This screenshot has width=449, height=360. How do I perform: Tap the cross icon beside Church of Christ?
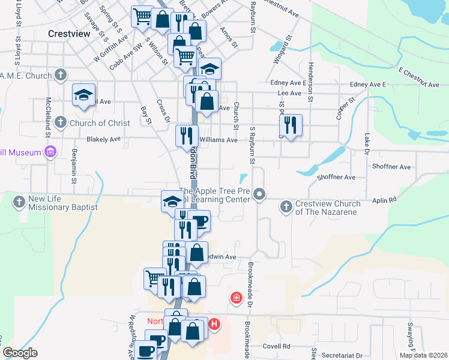pyautogui.click(x=60, y=123)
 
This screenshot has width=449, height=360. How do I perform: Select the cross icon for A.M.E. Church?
pyautogui.click(x=60, y=75)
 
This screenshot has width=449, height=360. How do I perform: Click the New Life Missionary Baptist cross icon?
pyautogui.click(x=19, y=202)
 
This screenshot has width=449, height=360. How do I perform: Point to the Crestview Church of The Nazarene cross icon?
pyautogui.click(x=286, y=206)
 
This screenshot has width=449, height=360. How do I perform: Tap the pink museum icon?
pyautogui.click(x=50, y=152)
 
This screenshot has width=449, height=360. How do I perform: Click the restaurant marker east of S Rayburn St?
pyautogui.click(x=291, y=125)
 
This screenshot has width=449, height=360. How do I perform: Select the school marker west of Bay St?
pyautogui.click(x=84, y=95)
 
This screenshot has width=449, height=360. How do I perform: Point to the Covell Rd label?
pyautogui.click(x=277, y=346)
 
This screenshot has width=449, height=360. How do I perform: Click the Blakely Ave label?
pyautogui.click(x=104, y=139)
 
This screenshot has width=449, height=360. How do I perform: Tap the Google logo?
pyautogui.click(x=20, y=353)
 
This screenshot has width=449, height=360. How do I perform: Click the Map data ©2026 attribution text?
pyautogui.click(x=423, y=355)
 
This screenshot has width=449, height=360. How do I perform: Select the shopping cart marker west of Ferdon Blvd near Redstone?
pyautogui.click(x=155, y=278)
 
